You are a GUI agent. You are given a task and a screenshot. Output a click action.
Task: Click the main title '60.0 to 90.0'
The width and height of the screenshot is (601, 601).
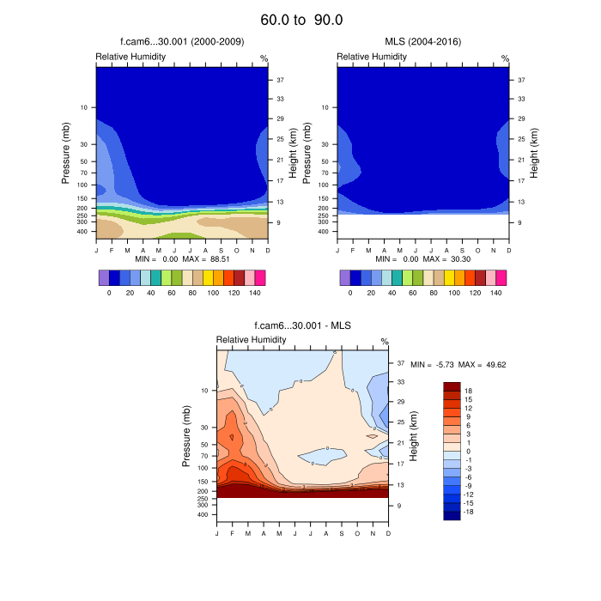click(301, 20)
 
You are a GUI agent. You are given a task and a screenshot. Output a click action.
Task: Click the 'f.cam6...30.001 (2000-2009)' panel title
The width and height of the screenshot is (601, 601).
click(181, 41)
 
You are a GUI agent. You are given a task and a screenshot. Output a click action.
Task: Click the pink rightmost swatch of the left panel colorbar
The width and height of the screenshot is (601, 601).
click(260, 277)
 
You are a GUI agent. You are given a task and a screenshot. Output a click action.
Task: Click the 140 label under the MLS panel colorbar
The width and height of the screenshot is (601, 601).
click(495, 293)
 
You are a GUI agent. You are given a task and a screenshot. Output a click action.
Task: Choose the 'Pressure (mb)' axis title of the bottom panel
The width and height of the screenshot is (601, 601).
click(187, 437)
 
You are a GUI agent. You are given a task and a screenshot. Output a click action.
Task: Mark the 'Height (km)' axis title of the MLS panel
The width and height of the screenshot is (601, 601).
click(533, 150)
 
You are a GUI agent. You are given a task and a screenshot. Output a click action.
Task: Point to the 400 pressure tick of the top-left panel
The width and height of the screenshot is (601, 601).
click(83, 232)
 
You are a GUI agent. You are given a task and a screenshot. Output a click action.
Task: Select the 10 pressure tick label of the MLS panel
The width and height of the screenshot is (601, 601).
click(325, 107)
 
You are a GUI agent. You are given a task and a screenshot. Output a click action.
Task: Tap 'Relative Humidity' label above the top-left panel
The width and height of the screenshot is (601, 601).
click(131, 57)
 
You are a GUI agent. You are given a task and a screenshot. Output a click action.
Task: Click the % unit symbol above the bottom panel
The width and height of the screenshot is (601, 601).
click(384, 342)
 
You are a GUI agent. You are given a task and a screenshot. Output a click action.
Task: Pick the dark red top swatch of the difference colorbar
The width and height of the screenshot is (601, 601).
click(452, 389)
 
